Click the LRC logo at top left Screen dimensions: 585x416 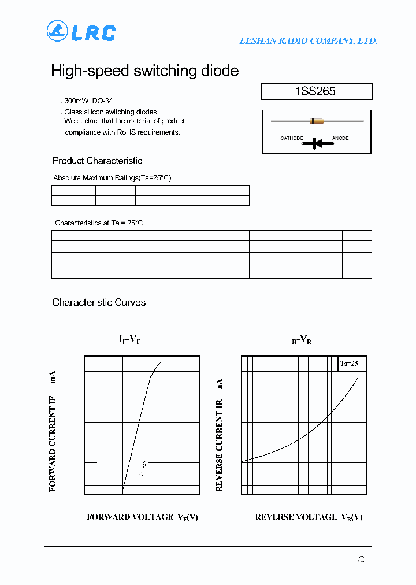[x=81, y=32]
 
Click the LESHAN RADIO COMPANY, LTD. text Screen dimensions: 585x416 [x=309, y=40]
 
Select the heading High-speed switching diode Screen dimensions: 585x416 [x=144, y=71]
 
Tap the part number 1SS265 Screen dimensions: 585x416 [x=315, y=91]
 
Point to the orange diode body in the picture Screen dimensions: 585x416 [x=316, y=121]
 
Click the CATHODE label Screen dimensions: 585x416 [x=292, y=138]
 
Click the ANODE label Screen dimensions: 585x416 [x=340, y=138]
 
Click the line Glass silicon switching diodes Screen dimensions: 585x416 [x=110, y=112]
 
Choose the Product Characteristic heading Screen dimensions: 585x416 [x=97, y=161]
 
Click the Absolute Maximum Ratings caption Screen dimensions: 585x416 [x=112, y=178]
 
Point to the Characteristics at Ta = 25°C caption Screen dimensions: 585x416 [x=98, y=223]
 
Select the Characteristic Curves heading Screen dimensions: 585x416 [x=99, y=302]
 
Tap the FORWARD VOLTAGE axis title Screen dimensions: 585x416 [x=142, y=517]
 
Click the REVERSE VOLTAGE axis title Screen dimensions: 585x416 [x=309, y=517]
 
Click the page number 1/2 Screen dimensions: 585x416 [x=359, y=559]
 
